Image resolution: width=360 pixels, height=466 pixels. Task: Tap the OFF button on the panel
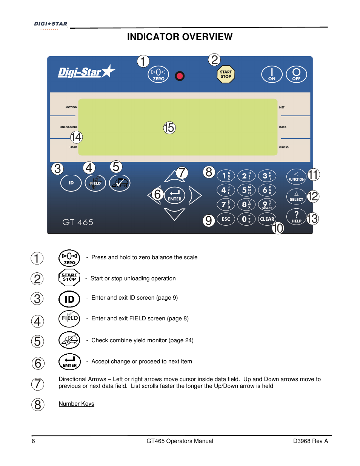(x=296, y=74)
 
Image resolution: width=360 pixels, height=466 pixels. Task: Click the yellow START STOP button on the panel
(x=226, y=74)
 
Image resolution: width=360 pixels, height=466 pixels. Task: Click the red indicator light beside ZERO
(x=180, y=76)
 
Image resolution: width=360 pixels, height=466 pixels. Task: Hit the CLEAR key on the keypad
(x=267, y=219)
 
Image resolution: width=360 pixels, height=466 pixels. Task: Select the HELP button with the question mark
(x=296, y=217)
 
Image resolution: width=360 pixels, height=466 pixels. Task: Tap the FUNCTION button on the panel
(x=296, y=176)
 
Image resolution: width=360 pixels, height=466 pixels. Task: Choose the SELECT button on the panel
(x=296, y=196)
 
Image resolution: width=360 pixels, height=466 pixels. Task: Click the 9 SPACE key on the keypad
(x=267, y=205)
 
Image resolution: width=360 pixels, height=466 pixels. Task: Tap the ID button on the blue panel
(x=71, y=183)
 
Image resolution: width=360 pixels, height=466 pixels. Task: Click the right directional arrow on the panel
(x=195, y=195)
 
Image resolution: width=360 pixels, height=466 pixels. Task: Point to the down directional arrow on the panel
(x=174, y=214)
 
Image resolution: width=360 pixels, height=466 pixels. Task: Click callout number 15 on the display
(x=169, y=128)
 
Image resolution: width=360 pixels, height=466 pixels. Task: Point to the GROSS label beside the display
(x=284, y=147)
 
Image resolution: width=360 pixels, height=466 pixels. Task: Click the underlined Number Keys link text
(x=76, y=404)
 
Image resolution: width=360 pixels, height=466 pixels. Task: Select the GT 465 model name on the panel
(x=78, y=222)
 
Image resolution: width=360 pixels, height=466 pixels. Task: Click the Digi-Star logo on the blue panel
(x=86, y=72)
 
